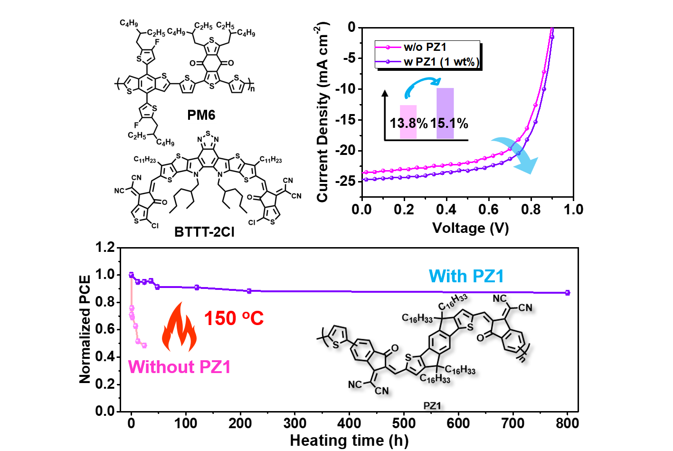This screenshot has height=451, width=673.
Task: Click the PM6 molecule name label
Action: pyautogui.click(x=201, y=115)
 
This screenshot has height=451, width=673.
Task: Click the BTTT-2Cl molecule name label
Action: pyautogui.click(x=204, y=232)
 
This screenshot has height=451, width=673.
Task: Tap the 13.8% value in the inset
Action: pyautogui.click(x=408, y=123)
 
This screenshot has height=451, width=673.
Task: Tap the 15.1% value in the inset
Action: pyautogui.click(x=449, y=123)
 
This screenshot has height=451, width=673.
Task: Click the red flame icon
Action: pyautogui.click(x=180, y=327)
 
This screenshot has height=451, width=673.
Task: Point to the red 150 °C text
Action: pyautogui.click(x=234, y=318)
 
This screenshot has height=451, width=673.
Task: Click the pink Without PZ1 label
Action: pyautogui.click(x=180, y=367)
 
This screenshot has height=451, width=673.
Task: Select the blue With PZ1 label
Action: pyautogui.click(x=466, y=276)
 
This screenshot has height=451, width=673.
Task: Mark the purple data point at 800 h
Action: pyautogui.click(x=567, y=293)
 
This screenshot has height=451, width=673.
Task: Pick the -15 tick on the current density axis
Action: pyautogui.click(x=349, y=120)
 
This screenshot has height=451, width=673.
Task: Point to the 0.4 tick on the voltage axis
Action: pyautogui.click(x=446, y=210)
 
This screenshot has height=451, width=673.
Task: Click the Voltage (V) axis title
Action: pyautogui.click(x=471, y=228)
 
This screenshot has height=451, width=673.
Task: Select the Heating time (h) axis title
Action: pyautogui.click(x=349, y=441)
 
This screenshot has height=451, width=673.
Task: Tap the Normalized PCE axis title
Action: pyautogui.click(x=85, y=329)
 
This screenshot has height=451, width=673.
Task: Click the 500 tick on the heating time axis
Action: pyautogui.click(x=404, y=423)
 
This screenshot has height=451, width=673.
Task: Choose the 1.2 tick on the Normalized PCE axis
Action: pyautogui.click(x=105, y=248)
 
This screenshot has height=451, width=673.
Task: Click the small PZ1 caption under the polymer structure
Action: pyautogui.click(x=432, y=406)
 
